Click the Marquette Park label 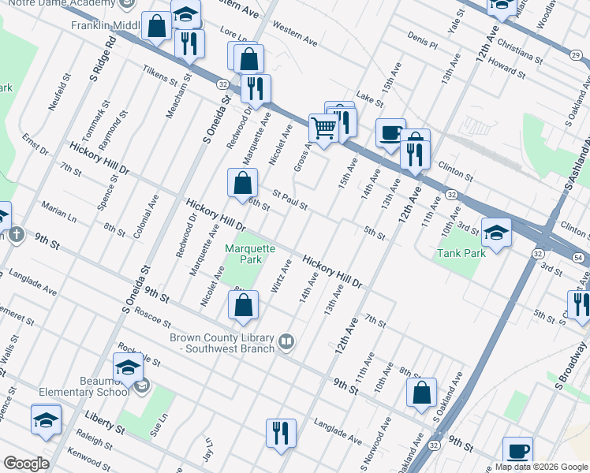tap(249, 253)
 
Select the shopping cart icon tap(324, 128)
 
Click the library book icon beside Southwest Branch tap(287, 342)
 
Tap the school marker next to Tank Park tap(496, 233)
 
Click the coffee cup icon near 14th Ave tap(390, 132)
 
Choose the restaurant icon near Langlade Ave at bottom tap(281, 433)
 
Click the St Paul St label tap(289, 199)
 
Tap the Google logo tap(26, 464)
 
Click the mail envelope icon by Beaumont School tap(142, 386)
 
